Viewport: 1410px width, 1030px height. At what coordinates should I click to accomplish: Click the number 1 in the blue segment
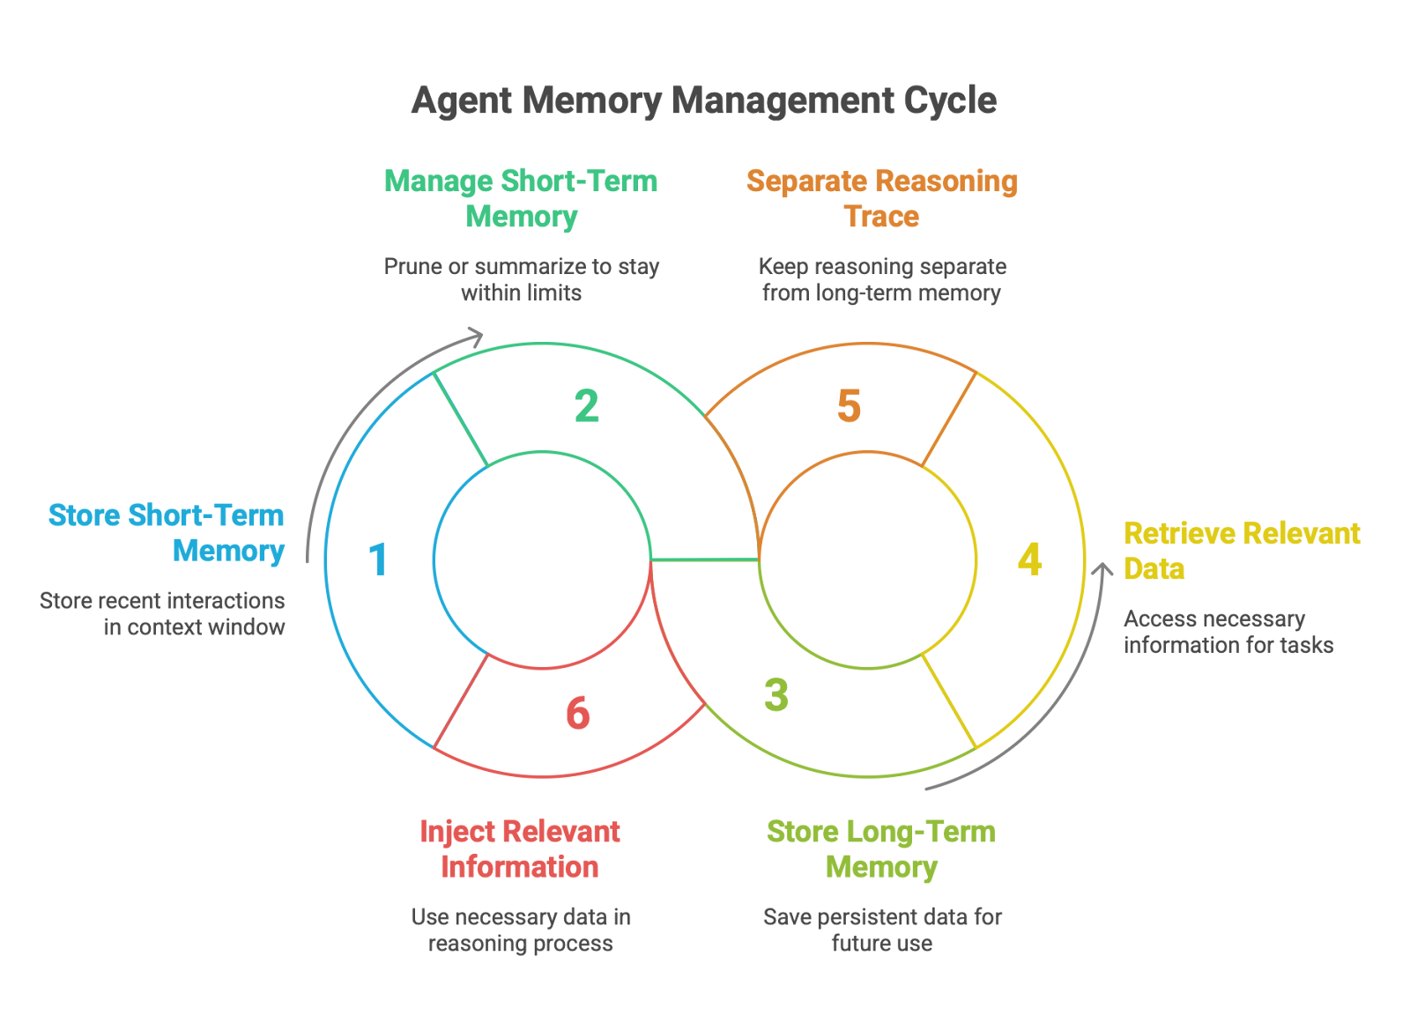378,559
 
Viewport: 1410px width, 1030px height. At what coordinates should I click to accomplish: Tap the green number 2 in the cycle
587,406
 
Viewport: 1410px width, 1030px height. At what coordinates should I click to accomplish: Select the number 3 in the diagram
776,694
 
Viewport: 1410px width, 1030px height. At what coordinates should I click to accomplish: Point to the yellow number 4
1029,559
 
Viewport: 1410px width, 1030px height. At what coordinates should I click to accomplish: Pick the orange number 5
849,406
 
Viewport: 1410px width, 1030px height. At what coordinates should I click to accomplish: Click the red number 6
578,713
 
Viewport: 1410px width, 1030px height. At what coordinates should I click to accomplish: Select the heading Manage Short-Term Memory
521,198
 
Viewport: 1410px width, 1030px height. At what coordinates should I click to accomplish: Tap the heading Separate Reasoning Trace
881,198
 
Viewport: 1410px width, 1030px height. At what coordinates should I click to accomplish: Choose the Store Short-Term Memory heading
167,532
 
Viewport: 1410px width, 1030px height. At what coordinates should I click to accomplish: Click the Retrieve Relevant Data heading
1241,551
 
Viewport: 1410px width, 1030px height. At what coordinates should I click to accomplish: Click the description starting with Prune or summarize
521,279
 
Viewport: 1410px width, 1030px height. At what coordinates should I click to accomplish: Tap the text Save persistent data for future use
882,930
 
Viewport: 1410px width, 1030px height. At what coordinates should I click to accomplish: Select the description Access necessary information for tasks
1228,632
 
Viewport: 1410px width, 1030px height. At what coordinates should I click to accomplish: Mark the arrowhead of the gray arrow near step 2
477,336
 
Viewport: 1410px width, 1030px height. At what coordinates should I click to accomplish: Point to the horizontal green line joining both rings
704,559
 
